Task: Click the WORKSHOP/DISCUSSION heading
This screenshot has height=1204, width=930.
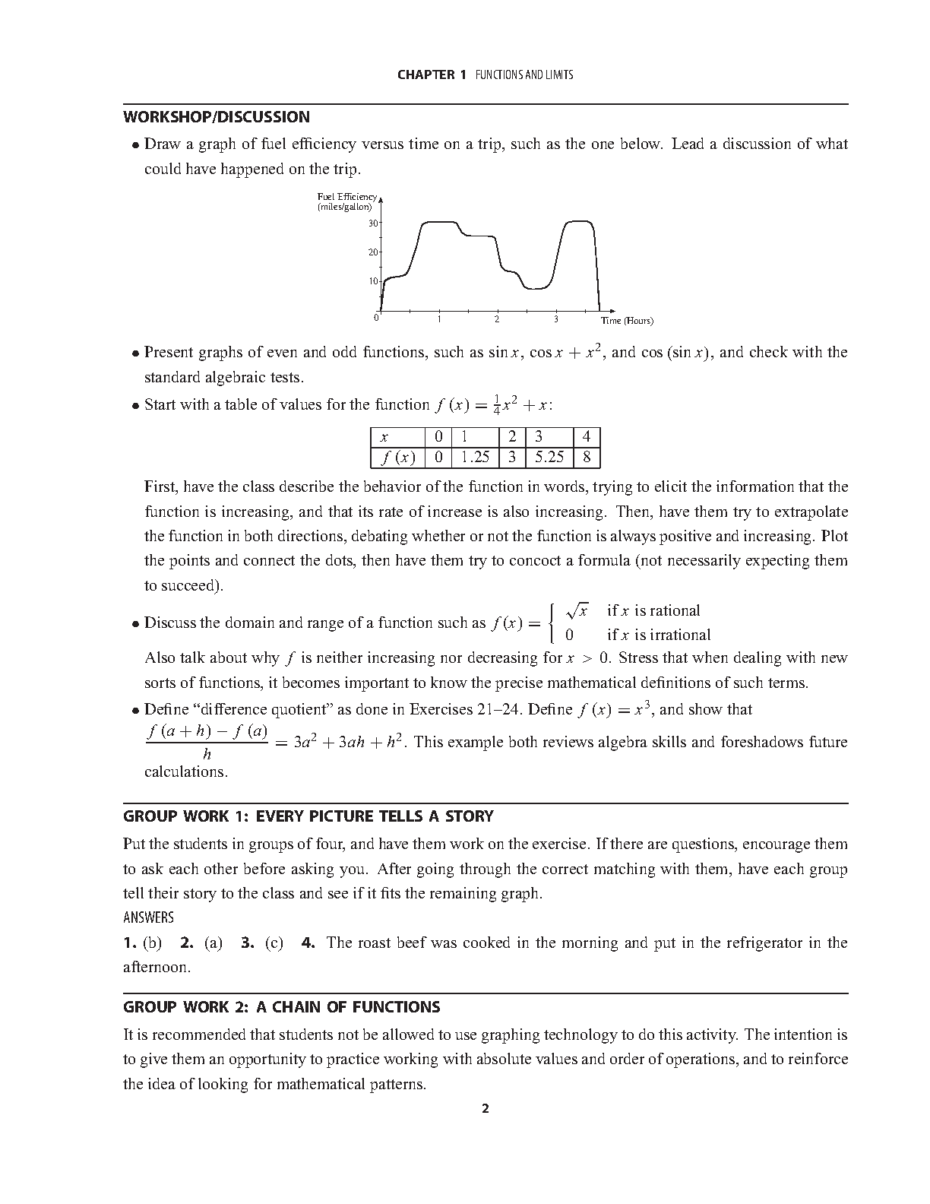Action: (217, 117)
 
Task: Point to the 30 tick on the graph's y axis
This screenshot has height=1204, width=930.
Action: (372, 223)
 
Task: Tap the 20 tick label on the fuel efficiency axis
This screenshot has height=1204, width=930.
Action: (372, 252)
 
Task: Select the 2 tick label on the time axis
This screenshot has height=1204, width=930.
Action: (497, 319)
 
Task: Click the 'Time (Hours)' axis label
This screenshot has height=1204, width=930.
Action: (627, 321)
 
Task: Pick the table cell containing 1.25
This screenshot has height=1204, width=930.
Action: (476, 458)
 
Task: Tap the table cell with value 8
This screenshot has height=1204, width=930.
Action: (587, 458)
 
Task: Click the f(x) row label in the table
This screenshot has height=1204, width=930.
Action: (397, 458)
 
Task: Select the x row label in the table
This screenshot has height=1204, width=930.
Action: (384, 438)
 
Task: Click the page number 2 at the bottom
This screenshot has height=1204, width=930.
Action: (486, 1108)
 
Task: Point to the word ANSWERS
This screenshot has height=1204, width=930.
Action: (148, 917)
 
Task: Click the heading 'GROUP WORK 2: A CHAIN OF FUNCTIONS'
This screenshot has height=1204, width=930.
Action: (282, 1007)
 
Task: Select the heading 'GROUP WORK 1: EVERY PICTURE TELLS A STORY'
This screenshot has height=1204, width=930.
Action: (308, 816)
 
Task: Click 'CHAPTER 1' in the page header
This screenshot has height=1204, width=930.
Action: (432, 74)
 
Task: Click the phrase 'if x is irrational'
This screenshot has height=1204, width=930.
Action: (659, 635)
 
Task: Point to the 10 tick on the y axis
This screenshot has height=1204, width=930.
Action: (372, 281)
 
